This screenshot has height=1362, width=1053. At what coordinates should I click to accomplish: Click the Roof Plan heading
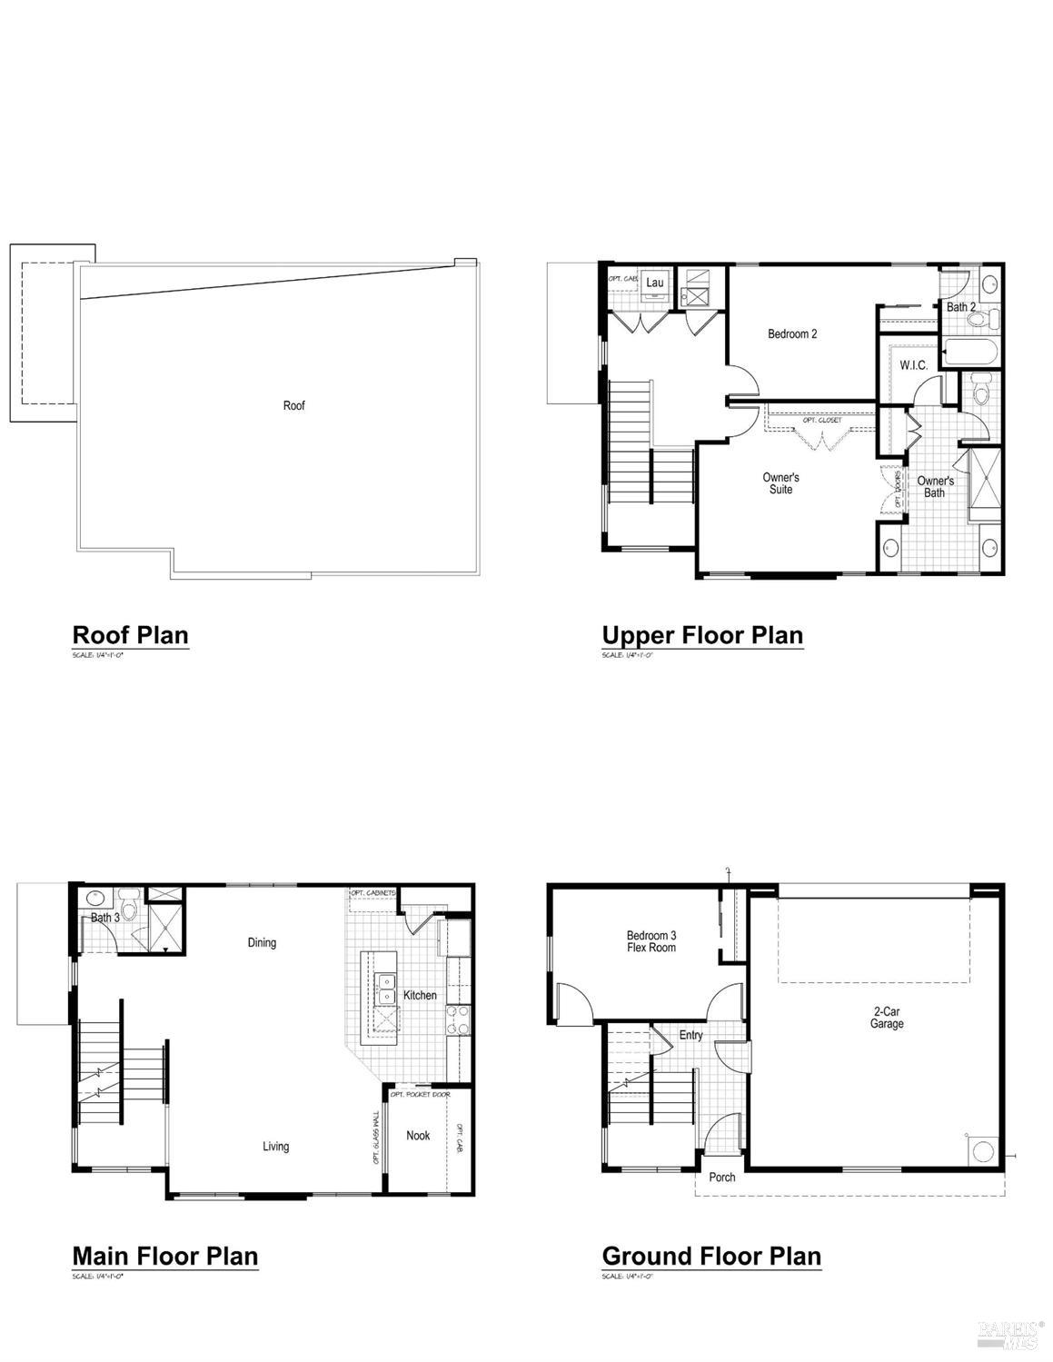tap(130, 634)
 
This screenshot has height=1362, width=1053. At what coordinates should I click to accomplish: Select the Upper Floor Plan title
tap(702, 635)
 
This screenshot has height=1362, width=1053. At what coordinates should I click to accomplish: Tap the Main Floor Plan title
tap(165, 1256)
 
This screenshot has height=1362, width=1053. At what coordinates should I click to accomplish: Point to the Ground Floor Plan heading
tap(711, 1256)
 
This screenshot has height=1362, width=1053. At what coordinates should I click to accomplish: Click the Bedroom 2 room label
tap(792, 334)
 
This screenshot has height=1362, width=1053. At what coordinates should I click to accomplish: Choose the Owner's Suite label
tap(780, 483)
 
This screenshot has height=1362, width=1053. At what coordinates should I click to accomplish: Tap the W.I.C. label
tap(913, 365)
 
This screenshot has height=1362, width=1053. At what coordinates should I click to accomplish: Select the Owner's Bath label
tap(935, 486)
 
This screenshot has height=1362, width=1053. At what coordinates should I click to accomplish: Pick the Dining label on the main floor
tap(262, 942)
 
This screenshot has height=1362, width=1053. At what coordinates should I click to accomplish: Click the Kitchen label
tap(420, 995)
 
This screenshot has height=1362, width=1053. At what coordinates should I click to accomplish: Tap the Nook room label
tap(418, 1135)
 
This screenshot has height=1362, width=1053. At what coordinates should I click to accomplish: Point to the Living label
tap(276, 1147)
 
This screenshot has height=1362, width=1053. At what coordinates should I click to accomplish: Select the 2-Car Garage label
tap(887, 1018)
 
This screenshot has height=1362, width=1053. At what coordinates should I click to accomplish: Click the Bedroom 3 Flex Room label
tap(651, 941)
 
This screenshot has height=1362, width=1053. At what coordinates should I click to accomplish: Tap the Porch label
tap(722, 1178)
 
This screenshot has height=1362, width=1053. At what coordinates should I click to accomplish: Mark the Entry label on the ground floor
tap(690, 1035)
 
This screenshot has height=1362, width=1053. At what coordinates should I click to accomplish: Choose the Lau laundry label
tap(655, 283)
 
